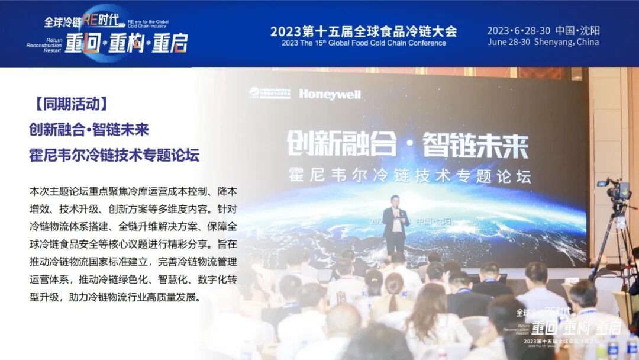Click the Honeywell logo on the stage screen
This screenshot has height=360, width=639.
pos(330,94)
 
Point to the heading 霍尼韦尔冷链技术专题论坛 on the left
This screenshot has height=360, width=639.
pos(114,155)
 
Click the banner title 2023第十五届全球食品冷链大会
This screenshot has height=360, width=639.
pos(363,31)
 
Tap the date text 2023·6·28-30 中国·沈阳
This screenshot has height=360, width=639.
pos(543,31)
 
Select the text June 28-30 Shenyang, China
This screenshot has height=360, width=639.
pos(543,43)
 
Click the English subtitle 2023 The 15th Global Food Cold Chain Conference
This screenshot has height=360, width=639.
pos(363,43)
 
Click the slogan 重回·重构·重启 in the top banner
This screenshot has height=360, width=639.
pos(126,44)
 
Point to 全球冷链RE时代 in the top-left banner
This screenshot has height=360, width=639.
pos(86,21)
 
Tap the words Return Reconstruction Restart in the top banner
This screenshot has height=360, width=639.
pos(44,45)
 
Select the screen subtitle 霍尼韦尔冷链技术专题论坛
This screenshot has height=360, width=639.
pos(409,176)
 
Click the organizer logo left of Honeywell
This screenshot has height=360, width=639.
pos(269,94)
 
